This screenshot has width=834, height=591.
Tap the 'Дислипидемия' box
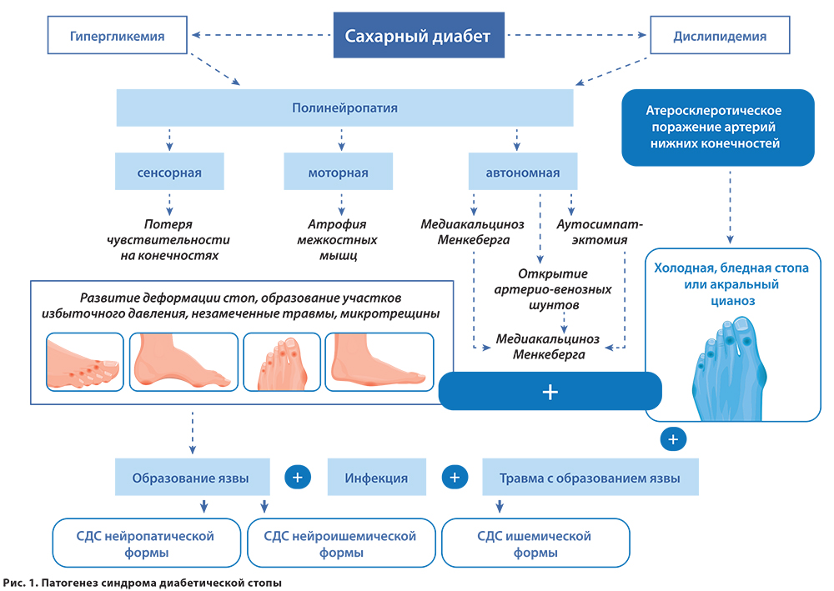tap(720, 36)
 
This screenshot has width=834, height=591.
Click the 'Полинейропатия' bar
tap(344, 108)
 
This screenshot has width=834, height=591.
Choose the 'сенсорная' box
tap(169, 173)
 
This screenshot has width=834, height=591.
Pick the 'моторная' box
tap(338, 173)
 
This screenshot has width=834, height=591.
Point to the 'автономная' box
tap(523, 173)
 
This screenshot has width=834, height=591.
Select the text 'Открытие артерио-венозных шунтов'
tap(565, 289)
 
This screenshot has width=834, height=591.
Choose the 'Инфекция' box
tap(376, 478)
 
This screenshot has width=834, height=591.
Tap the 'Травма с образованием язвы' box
tap(590, 478)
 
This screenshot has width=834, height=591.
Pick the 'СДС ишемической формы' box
tap(535, 543)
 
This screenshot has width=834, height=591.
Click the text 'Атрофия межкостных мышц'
tap(338, 240)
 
